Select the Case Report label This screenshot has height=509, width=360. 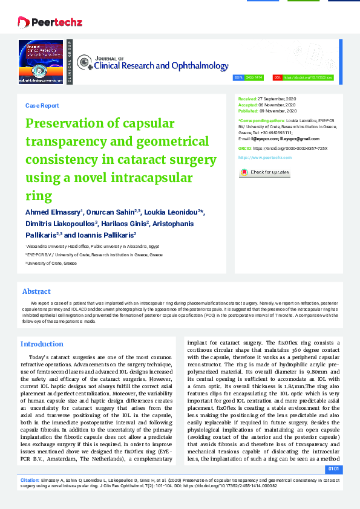(42, 105)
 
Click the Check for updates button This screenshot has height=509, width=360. (265, 172)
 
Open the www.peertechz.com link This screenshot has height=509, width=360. (265, 157)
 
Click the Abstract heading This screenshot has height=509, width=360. (36, 291)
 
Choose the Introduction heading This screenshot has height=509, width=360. (42, 344)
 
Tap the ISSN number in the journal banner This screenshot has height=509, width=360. (254, 78)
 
